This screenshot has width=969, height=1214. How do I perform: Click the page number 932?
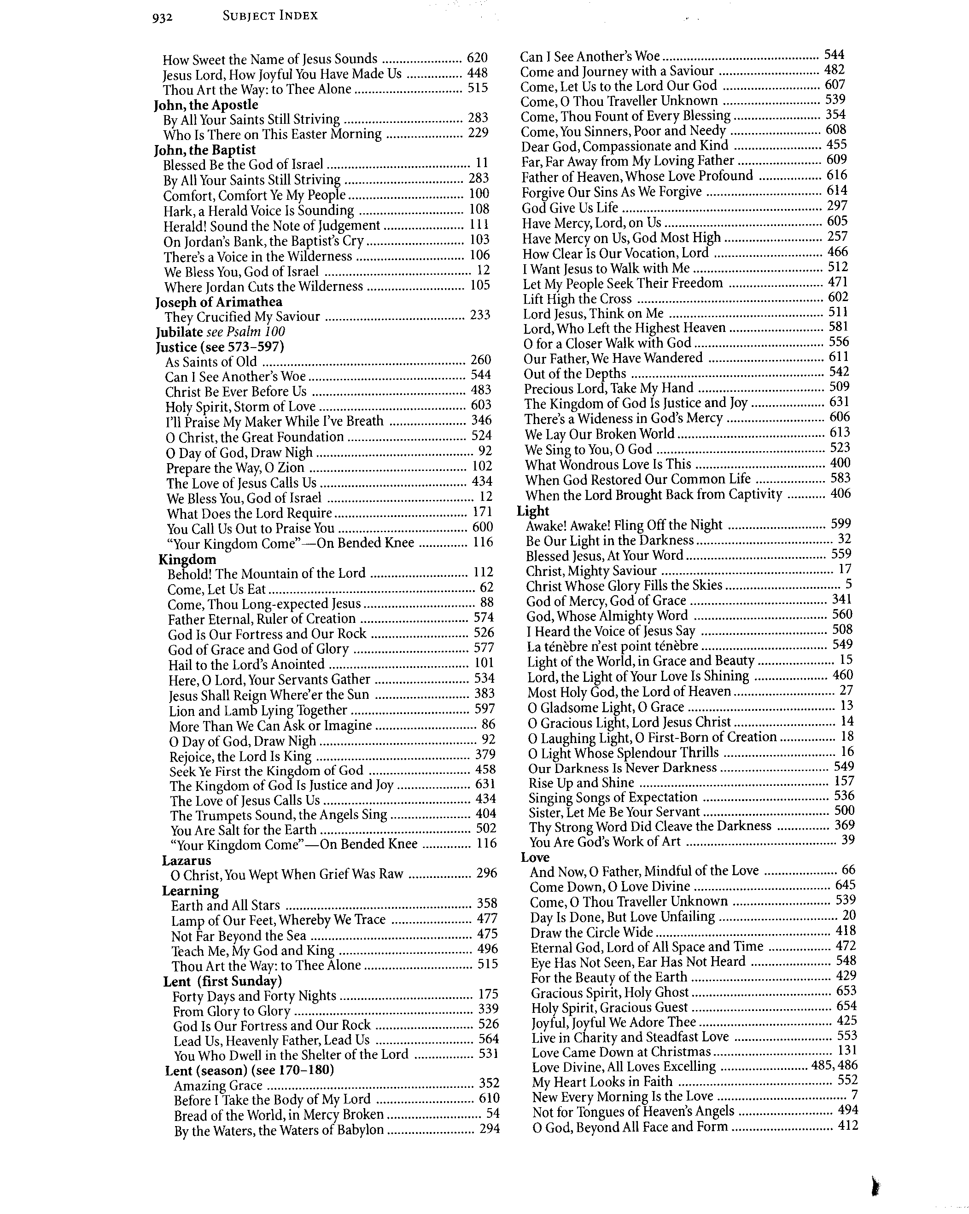pos(162,18)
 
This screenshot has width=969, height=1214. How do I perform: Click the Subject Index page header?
pos(270,16)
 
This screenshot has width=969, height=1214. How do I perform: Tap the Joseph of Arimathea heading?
pos(219,302)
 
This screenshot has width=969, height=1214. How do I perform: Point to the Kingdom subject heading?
pos(187,559)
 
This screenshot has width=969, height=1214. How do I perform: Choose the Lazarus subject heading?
pos(187,860)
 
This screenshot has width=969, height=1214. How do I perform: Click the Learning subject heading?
pos(190,891)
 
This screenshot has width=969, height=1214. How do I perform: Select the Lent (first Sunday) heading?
pos(222,982)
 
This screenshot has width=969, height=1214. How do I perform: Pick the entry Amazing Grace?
pos(218,1086)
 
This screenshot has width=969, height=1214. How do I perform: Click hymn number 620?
pos(477,58)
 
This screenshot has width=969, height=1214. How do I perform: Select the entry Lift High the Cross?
pos(578,298)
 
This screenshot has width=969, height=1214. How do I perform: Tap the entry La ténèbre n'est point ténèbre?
pos(613,646)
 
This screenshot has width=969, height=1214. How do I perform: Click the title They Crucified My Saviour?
pos(242,316)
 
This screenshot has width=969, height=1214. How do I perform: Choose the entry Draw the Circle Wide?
pos(591,932)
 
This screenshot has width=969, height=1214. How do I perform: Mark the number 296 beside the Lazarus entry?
pos(486,873)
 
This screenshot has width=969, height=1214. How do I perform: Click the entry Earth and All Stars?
pos(225,906)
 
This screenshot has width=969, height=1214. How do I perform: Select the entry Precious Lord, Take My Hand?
pos(608,388)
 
